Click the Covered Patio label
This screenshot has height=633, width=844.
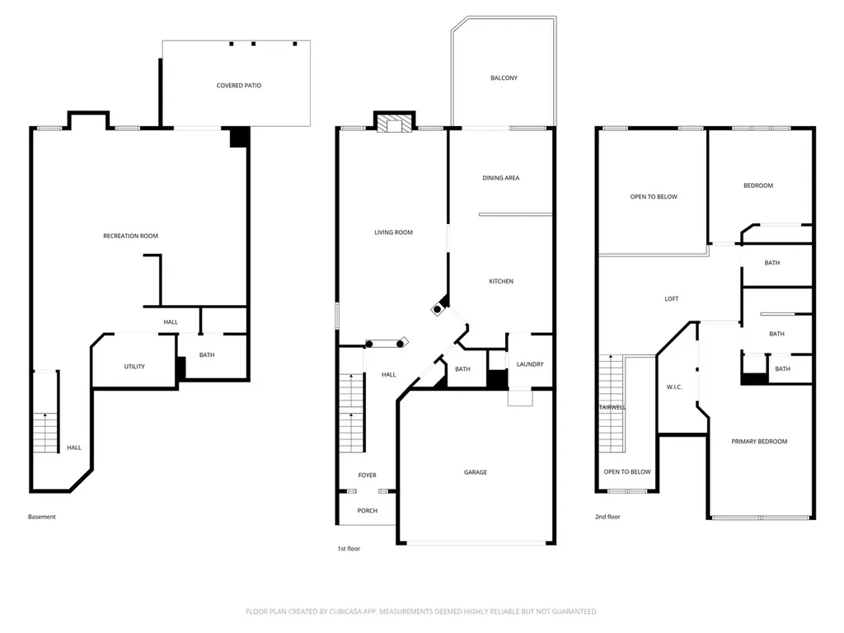[x=238, y=86]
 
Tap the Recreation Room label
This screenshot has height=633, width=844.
[x=131, y=236]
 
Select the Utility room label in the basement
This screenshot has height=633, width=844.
[x=134, y=367]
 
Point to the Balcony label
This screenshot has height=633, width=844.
[x=504, y=78]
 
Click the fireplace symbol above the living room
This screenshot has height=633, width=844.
[x=395, y=124]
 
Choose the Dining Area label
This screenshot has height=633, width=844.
[x=501, y=178]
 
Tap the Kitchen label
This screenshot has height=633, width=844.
[x=501, y=282]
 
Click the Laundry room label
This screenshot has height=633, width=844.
[x=530, y=364]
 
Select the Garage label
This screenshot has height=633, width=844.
[x=476, y=472]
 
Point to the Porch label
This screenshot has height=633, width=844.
[x=368, y=511]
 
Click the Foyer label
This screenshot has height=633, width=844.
[x=368, y=476]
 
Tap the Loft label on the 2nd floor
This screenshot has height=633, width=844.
[x=672, y=298]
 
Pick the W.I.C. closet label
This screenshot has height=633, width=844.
[x=674, y=387]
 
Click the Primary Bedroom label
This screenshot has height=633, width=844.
[x=759, y=442]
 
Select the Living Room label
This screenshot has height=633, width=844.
[x=393, y=232]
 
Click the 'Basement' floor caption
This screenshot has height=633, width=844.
[x=42, y=517]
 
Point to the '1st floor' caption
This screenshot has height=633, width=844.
[x=349, y=548]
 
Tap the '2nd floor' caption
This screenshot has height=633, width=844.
[x=607, y=517]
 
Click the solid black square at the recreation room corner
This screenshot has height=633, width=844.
[x=240, y=137]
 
